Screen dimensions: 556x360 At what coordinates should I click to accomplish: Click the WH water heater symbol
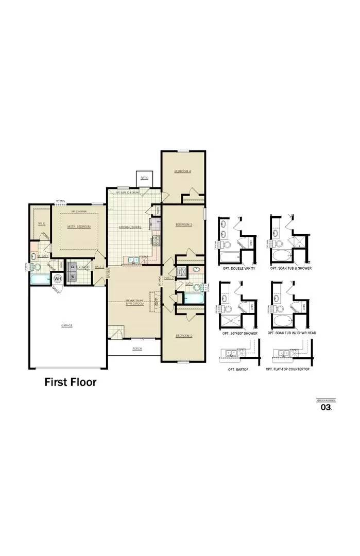58,279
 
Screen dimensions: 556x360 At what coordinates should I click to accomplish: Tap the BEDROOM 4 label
183,171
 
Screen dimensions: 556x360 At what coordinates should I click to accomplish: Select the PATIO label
145,178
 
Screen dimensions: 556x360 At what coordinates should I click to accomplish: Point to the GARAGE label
67,325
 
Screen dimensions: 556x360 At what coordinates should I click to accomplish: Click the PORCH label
137,349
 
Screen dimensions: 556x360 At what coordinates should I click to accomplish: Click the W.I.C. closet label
42,223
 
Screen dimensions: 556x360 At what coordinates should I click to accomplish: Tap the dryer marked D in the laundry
73,266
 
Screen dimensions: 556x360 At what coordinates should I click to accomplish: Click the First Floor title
70,382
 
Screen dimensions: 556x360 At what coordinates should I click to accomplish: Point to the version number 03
325,407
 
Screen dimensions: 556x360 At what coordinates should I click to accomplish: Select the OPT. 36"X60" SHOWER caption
240,333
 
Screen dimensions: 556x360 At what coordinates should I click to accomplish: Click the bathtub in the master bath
39,280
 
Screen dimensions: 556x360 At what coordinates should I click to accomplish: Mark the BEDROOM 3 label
184,224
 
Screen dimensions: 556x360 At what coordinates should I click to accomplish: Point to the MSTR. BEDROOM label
79,227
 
